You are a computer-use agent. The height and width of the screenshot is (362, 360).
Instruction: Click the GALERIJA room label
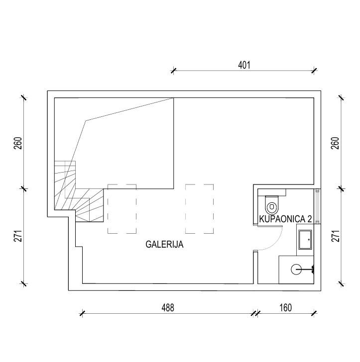[x=164, y=244]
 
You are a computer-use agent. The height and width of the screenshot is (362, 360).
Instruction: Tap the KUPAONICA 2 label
[x=285, y=219]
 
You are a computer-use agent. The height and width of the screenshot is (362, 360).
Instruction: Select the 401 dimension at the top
[x=244, y=65]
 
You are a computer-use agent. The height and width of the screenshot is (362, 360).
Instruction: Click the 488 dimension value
[x=168, y=308]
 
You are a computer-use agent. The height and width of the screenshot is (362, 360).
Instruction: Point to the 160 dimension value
[x=285, y=308]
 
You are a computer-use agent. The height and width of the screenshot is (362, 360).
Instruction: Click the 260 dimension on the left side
[x=18, y=143]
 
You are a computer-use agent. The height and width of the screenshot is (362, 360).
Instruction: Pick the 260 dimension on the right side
[x=335, y=143]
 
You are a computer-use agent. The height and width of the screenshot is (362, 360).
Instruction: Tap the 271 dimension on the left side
[x=18, y=236]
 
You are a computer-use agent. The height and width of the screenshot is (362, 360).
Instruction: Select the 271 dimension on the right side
[x=335, y=236]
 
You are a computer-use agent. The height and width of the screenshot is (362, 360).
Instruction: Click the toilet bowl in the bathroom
[x=272, y=205]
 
